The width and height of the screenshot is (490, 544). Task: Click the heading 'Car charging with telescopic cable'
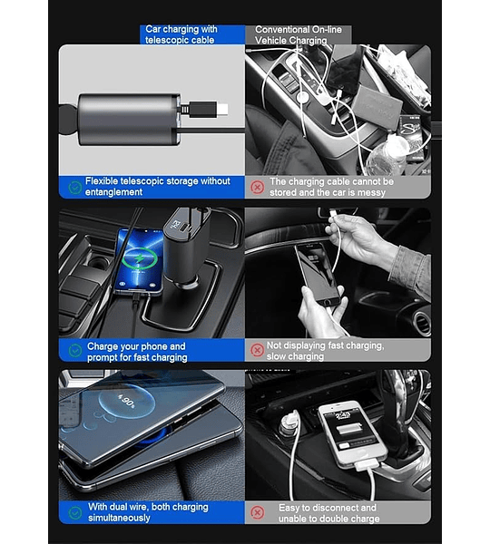click(x=181, y=34)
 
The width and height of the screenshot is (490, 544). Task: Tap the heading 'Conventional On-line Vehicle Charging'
click(x=298, y=35)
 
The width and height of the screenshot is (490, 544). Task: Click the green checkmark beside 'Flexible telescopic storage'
click(x=75, y=188)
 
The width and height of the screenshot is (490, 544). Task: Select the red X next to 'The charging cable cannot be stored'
click(x=258, y=188)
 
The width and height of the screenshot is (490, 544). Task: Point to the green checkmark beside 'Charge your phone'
click(x=75, y=350)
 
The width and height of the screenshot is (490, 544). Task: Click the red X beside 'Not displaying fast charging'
click(x=258, y=350)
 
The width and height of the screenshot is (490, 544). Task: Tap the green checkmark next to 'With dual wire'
click(x=75, y=512)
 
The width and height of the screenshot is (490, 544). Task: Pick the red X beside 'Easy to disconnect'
click(x=258, y=512)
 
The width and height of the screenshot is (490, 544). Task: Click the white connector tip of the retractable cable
click(x=222, y=109)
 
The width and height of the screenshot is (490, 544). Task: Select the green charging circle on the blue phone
click(x=139, y=258)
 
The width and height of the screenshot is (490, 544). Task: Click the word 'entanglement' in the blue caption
click(x=113, y=192)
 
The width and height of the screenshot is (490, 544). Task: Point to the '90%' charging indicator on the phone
click(x=126, y=402)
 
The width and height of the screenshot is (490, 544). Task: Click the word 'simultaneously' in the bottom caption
click(x=119, y=518)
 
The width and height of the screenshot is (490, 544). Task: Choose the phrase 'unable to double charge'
click(x=328, y=519)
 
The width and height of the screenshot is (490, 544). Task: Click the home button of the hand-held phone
click(x=327, y=302)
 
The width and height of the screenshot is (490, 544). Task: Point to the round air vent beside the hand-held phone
click(x=422, y=324)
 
